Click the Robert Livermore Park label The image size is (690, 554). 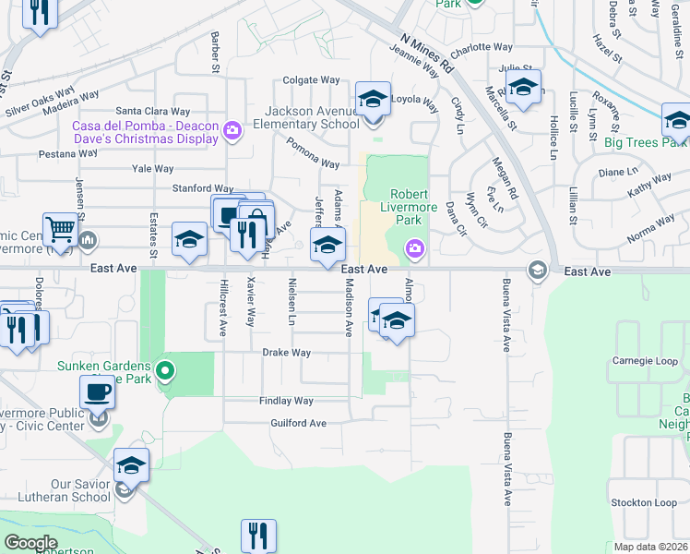coord(406,207)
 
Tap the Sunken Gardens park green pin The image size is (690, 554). coord(165,372)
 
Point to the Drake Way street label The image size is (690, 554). coord(286,353)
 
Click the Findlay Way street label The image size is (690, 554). coord(286,401)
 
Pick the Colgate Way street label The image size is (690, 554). coord(312,80)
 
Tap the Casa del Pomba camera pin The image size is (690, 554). coord(232,129)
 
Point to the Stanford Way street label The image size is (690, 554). coord(203,188)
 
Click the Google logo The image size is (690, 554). coord(30,543)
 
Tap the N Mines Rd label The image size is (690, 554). coord(429,55)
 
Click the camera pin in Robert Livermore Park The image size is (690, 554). coord(415,247)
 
